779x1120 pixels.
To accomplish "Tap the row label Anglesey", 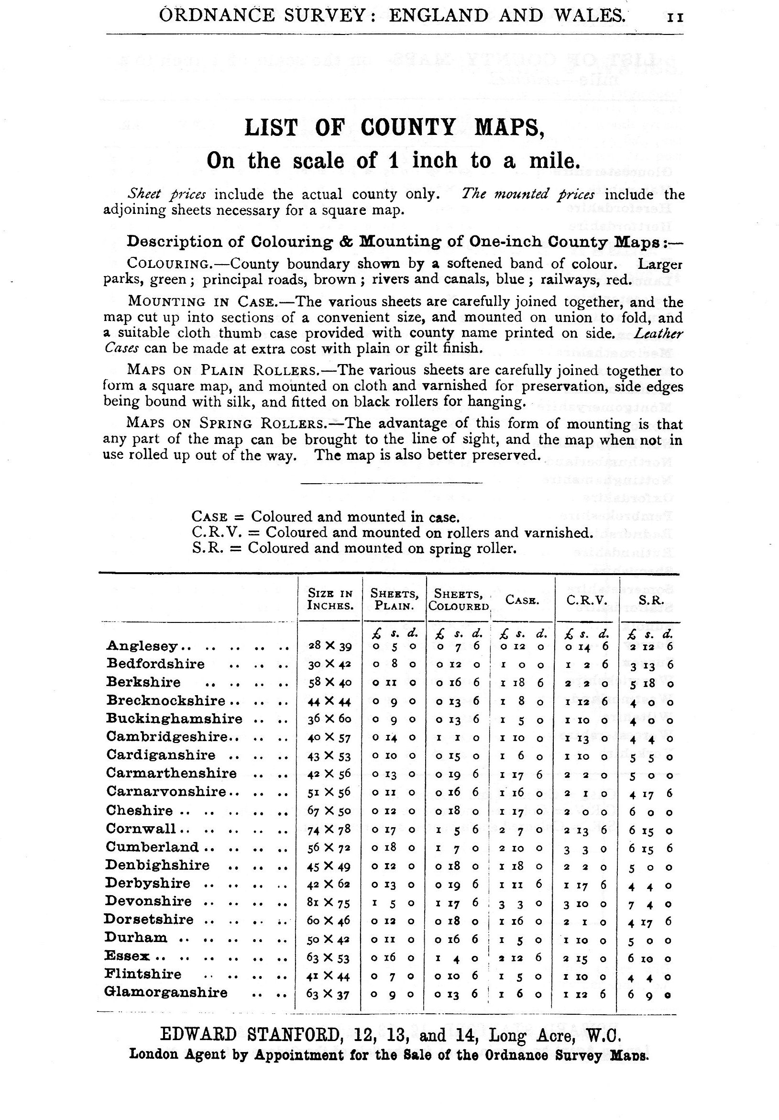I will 142,646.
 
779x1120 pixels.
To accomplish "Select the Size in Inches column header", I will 330,599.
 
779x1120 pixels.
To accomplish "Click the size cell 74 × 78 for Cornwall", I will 329,829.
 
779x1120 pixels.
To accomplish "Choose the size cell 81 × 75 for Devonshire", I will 329,902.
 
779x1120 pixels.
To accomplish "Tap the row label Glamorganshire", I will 166,993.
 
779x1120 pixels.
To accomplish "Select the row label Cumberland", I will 152,847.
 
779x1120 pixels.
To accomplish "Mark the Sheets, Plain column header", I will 394,599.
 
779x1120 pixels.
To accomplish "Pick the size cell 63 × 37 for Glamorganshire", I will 329,994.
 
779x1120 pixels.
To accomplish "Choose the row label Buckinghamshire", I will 174,719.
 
